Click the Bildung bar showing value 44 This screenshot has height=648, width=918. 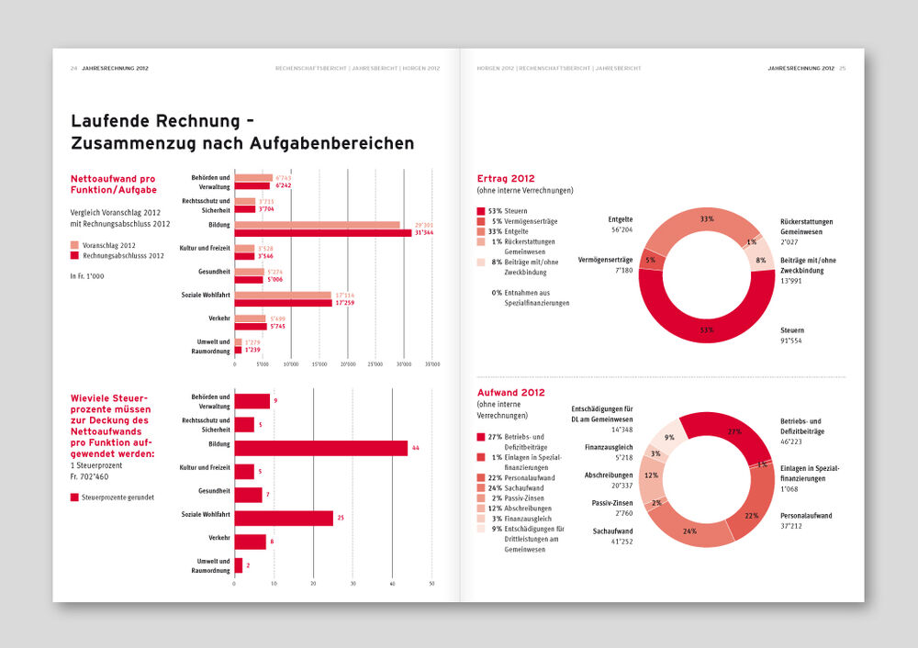click(x=320, y=448)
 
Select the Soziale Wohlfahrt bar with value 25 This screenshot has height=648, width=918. click(x=284, y=519)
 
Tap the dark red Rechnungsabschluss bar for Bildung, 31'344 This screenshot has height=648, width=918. click(x=323, y=233)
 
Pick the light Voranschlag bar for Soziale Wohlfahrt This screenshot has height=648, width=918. click(x=283, y=295)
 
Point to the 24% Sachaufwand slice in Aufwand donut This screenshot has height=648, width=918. click(x=693, y=527)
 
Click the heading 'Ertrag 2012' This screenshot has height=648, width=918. click(x=506, y=178)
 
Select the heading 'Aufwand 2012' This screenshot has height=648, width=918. click(x=510, y=392)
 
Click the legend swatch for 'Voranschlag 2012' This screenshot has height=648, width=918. click(x=74, y=245)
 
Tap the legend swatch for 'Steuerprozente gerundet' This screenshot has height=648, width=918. click(x=74, y=497)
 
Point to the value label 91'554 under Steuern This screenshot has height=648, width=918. click(x=792, y=341)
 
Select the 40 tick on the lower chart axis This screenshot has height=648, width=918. click(x=393, y=583)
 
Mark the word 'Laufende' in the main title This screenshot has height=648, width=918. click(x=110, y=121)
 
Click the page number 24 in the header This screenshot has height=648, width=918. click(x=73, y=68)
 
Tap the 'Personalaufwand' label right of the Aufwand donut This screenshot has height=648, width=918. click(x=806, y=516)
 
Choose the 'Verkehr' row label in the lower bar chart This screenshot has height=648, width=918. click(x=219, y=538)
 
